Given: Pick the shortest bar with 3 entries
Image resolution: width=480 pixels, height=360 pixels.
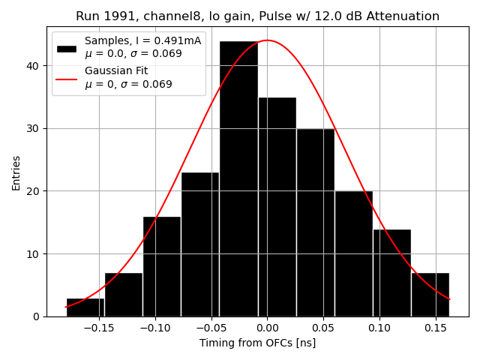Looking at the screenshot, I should tap(85, 307).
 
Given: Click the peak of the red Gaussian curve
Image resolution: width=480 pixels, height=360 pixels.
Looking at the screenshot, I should tap(267, 40).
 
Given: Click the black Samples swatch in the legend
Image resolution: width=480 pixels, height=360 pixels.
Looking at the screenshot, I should tap(67, 48).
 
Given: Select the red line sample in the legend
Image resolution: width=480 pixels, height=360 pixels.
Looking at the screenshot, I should tap(67, 77).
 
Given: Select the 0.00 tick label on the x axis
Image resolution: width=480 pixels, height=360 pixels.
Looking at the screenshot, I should tap(266, 328).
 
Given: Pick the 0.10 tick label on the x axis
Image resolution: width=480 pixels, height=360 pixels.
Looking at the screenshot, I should tap(379, 328).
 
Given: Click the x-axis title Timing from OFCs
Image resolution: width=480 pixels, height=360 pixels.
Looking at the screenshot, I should tap(257, 343).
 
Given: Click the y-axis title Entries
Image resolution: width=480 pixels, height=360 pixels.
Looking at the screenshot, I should tap(16, 172).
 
